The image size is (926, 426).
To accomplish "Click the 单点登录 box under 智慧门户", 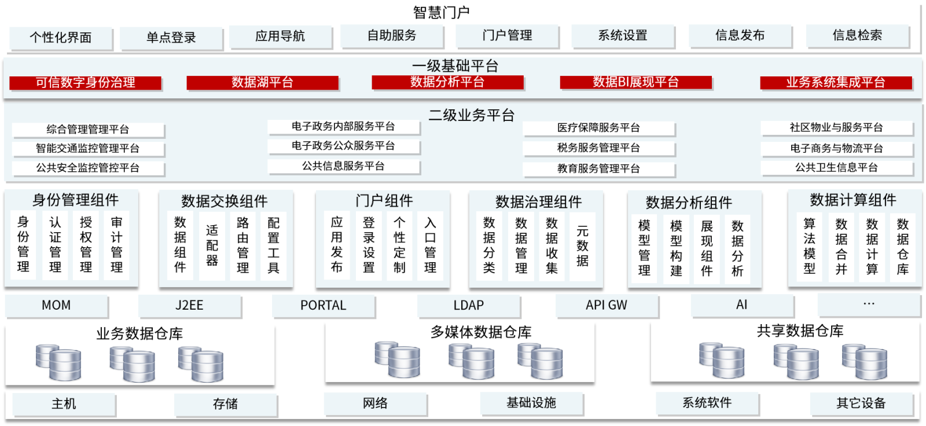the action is pyautogui.click(x=171, y=38).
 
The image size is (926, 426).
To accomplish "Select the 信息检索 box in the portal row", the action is pyautogui.click(x=857, y=36).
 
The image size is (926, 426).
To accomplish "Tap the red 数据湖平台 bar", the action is pyautogui.click(x=263, y=83).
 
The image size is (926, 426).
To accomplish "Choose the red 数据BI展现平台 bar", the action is pyautogui.click(x=636, y=82).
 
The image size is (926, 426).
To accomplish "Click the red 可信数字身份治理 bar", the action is pyautogui.click(x=85, y=83).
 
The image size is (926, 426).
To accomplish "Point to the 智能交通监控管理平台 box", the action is pyautogui.click(x=88, y=149).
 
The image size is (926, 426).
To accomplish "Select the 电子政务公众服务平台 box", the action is pyautogui.click(x=344, y=146).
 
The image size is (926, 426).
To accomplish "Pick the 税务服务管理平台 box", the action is pyautogui.click(x=598, y=148).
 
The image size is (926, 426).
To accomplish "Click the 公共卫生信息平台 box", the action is pyautogui.click(x=837, y=168).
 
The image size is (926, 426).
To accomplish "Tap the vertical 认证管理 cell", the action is pyautogui.click(x=55, y=245).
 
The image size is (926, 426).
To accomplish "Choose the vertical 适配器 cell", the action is pyautogui.click(x=212, y=245).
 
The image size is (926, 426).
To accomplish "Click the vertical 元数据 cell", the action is pyautogui.click(x=582, y=247).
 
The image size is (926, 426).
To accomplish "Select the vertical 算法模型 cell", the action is pyautogui.click(x=810, y=247).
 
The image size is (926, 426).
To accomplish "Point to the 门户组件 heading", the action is pyautogui.click(x=384, y=201).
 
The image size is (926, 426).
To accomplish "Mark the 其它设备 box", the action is pyautogui.click(x=862, y=403).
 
